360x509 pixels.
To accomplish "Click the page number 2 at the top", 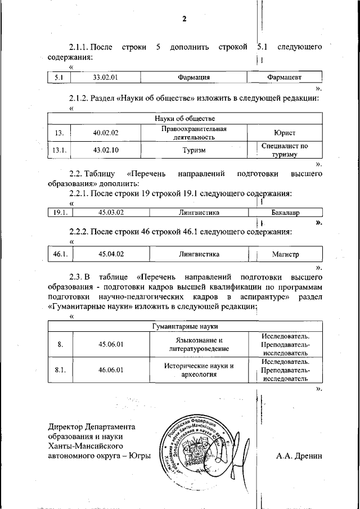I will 184,19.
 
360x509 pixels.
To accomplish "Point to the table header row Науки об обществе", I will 184,118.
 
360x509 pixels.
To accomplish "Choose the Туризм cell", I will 193,150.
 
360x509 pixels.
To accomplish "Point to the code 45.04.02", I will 111,254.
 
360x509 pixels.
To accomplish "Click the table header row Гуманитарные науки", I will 184,326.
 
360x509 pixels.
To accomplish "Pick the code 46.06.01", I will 111,370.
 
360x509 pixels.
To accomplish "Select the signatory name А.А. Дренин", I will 299,456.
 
